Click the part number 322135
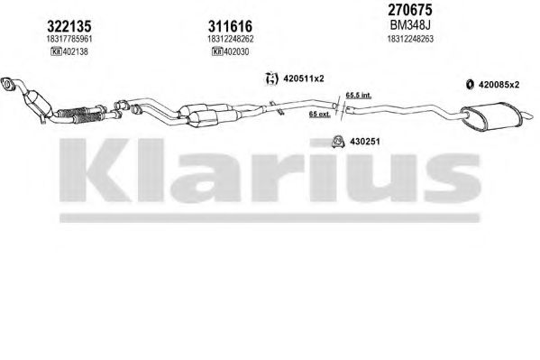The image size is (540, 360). (69, 26)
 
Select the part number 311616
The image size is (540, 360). (230, 26)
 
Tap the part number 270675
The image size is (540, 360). (410, 10)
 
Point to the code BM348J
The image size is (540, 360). (410, 25)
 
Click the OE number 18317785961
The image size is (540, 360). (69, 39)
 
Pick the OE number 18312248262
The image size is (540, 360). (231, 39)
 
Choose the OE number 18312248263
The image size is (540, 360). (410, 39)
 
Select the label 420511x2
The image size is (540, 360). (304, 78)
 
